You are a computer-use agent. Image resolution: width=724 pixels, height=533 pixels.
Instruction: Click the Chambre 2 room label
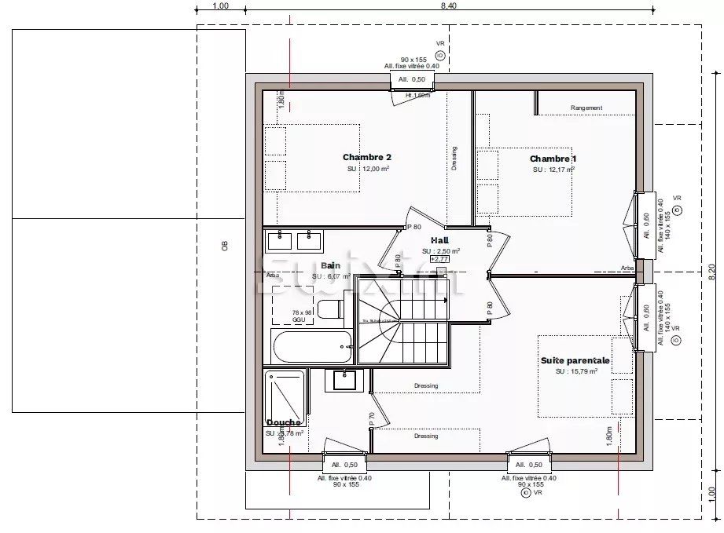(366, 157)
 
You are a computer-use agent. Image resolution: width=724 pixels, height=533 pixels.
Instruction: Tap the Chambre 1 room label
(553, 159)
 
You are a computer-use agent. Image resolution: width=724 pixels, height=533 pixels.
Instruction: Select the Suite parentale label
(575, 360)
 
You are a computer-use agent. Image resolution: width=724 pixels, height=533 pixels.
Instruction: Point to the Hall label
(439, 240)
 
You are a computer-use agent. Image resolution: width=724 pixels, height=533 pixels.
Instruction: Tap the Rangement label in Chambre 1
(586, 108)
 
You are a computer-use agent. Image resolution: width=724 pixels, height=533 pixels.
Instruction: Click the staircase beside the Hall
(401, 321)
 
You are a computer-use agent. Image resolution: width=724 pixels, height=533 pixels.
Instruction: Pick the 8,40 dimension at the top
(449, 5)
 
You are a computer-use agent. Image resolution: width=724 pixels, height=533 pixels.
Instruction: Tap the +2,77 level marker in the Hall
(439, 258)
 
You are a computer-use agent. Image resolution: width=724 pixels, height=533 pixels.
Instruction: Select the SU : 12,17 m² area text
(553, 169)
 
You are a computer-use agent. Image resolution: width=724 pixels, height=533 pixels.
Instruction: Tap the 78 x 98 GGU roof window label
(299, 316)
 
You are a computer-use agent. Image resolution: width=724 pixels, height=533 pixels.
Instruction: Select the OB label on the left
(224, 246)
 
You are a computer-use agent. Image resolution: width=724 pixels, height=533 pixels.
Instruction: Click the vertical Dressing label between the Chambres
(454, 158)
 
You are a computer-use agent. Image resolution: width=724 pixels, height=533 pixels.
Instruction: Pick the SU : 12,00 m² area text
(369, 169)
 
